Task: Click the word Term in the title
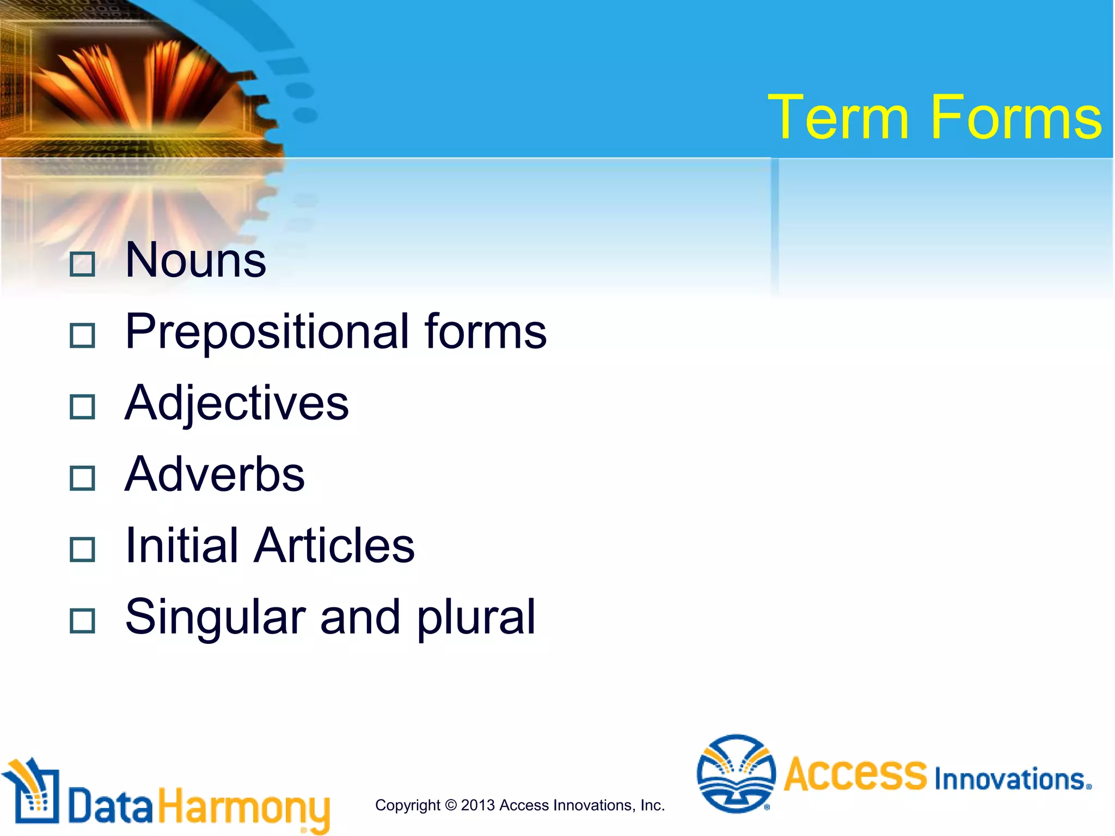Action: coord(838,117)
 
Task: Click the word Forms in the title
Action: coord(1016,117)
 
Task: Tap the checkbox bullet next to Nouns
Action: coord(83,264)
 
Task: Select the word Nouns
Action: coord(195,260)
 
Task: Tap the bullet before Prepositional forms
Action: coord(83,335)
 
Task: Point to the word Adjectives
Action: coord(236,404)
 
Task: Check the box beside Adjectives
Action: coord(83,407)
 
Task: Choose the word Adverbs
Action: coord(215,475)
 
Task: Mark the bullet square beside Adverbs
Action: coord(83,478)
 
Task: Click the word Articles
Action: coord(334,545)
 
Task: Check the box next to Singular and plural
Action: coord(83,620)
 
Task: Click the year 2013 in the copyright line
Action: coord(477,805)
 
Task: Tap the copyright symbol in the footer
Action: coord(450,805)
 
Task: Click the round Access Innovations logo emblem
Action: coord(736,773)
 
